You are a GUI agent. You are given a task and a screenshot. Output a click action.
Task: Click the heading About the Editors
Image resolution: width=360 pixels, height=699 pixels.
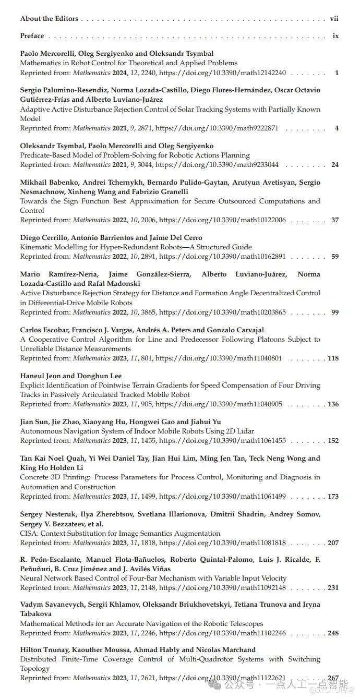coord(49,19)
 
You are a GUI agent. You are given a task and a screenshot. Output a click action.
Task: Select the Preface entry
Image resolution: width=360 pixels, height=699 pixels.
coord(32,36)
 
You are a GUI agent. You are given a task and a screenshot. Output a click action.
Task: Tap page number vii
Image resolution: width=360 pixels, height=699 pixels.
coord(334,19)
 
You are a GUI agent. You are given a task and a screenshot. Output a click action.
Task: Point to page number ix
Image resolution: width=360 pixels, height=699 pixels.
coord(335,36)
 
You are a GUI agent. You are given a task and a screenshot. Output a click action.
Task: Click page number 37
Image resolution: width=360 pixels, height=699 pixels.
coord(335,220)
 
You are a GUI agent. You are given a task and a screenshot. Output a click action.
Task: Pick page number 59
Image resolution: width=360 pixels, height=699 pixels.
coord(335,257)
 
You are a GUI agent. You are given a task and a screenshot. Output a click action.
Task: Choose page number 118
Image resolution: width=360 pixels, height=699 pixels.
coord(333,358)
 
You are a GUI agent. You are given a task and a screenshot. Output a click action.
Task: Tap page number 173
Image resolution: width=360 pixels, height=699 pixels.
coord(333,497)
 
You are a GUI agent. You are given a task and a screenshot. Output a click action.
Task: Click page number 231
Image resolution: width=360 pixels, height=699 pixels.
coord(333,588)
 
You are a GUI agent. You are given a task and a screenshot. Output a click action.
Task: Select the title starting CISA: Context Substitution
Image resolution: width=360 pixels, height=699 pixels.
coord(121,534)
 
